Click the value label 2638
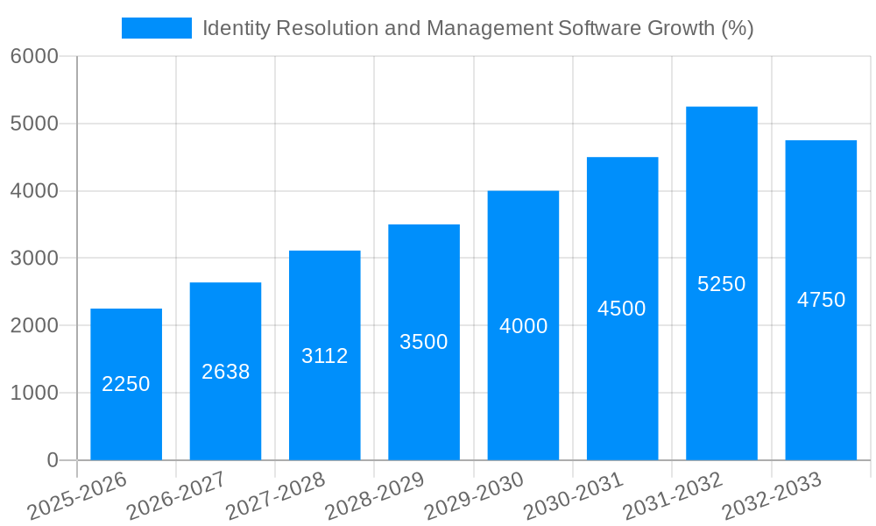(x=225, y=372)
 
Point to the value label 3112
(x=325, y=356)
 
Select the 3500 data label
(x=424, y=342)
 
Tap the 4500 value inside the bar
(x=622, y=309)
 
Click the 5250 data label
(x=721, y=284)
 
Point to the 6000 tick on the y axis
(x=34, y=56)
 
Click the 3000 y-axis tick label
(x=34, y=259)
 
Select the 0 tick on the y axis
(x=52, y=460)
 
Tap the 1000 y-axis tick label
(x=34, y=393)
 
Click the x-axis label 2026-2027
(x=176, y=496)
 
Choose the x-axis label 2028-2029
(x=375, y=496)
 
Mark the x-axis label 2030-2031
(x=574, y=496)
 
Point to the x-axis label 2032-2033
(x=772, y=496)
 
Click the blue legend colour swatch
(x=156, y=28)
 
